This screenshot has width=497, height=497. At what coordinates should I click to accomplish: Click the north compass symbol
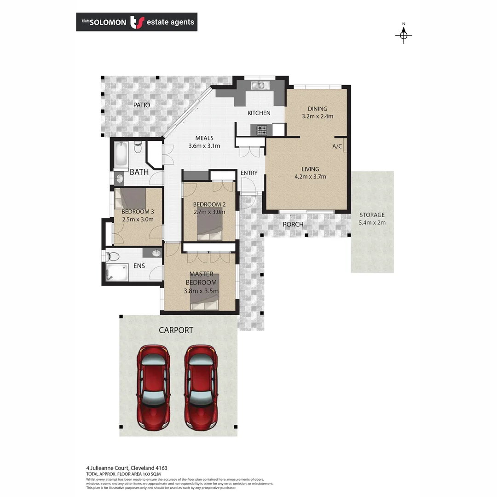tap(404, 35)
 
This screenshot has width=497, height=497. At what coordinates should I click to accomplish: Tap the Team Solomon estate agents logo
tap(137, 22)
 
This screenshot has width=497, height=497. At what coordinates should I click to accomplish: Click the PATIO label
tap(142, 105)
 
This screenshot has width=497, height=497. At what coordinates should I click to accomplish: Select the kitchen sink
tap(258, 85)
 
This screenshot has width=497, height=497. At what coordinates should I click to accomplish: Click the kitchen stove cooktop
tap(262, 130)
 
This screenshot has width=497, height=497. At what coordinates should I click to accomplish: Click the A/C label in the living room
tap(337, 146)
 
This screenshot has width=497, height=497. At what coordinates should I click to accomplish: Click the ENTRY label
tap(249, 173)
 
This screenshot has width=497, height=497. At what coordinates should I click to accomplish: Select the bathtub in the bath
tap(121, 155)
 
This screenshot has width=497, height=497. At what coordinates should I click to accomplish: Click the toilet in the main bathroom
tap(138, 147)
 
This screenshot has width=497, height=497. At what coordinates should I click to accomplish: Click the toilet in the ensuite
tap(113, 256)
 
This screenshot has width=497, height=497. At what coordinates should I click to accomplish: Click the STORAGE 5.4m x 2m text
tap(372, 219)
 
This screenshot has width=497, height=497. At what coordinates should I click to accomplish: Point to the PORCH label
tap(293, 225)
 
